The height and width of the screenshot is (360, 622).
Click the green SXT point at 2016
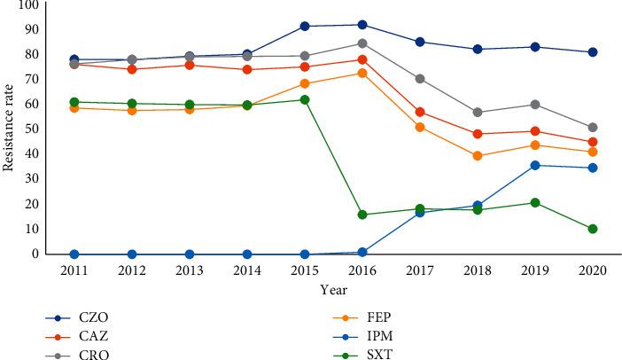pos(362,215)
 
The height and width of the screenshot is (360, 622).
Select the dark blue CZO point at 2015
pos(305,27)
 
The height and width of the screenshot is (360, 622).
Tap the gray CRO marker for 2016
pos(362,43)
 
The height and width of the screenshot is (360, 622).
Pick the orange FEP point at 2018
pos(478,156)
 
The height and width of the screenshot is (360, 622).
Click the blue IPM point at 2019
pos(535,165)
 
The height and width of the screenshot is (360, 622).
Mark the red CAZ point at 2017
pos(420,112)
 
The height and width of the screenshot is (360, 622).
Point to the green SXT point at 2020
pos(593,229)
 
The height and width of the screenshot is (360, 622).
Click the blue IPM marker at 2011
pos(74,254)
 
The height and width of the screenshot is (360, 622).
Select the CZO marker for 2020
pos(593,52)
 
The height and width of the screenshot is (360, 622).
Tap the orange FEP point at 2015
pos(305,84)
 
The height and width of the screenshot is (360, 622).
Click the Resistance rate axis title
pos(8,129)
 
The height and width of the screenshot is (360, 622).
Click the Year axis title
pos(333,288)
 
